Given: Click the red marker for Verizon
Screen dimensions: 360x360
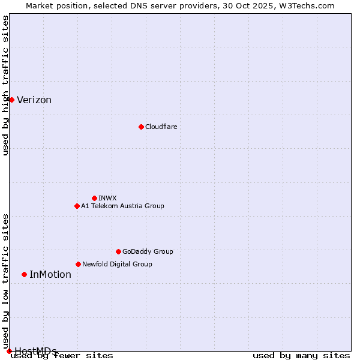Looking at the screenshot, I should click(x=11, y=100).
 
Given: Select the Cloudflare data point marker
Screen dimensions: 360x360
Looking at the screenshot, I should click(x=141, y=127).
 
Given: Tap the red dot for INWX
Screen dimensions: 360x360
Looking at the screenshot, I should click(x=94, y=198).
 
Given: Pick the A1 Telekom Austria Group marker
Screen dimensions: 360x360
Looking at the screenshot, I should click(x=77, y=206).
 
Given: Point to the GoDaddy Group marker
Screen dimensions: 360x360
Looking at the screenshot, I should click(x=118, y=251).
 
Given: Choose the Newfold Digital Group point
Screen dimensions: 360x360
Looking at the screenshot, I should click(x=78, y=264).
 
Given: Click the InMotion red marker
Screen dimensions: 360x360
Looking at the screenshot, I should click(x=24, y=274).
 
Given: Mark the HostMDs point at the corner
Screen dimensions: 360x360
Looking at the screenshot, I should click(x=9, y=351).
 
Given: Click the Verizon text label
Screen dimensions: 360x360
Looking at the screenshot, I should click(x=34, y=100).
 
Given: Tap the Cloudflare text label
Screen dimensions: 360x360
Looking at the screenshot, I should click(x=161, y=127).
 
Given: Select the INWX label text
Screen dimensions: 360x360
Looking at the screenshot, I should click(x=107, y=198).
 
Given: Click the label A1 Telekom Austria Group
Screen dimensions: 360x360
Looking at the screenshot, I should click(x=122, y=206).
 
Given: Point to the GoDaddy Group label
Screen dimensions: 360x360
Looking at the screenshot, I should click(x=148, y=251).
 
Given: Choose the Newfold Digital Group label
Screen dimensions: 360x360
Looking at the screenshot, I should click(x=117, y=264).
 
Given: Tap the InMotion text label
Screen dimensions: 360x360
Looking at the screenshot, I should click(x=50, y=275).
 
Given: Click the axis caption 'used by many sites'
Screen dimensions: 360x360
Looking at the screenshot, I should click(x=301, y=356).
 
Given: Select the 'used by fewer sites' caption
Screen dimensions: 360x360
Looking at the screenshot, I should click(x=62, y=356).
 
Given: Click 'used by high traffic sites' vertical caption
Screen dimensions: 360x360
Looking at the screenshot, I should click(x=6, y=85).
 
